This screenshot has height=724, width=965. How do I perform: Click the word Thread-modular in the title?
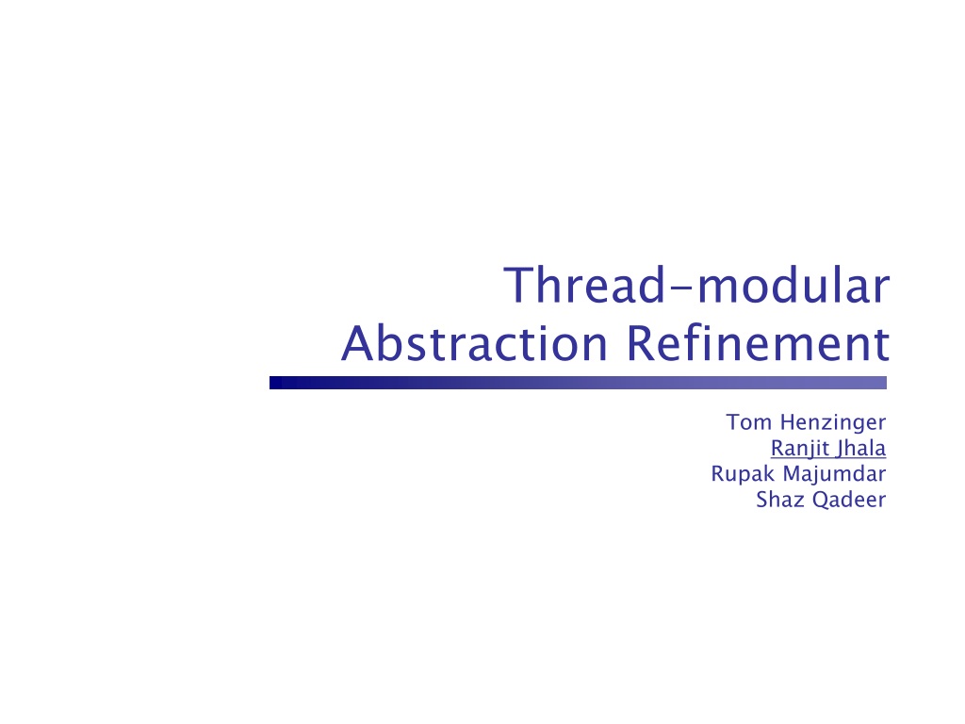point(696,285)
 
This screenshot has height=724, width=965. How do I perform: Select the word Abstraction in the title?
point(475,343)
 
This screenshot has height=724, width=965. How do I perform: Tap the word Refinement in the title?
point(759,343)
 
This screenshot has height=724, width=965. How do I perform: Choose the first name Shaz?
point(780,500)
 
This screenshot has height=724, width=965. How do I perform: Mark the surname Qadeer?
point(849,500)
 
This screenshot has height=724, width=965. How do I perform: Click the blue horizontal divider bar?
point(578,383)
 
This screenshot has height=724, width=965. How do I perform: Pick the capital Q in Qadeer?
point(821,500)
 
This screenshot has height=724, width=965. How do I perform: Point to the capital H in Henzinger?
point(788,422)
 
